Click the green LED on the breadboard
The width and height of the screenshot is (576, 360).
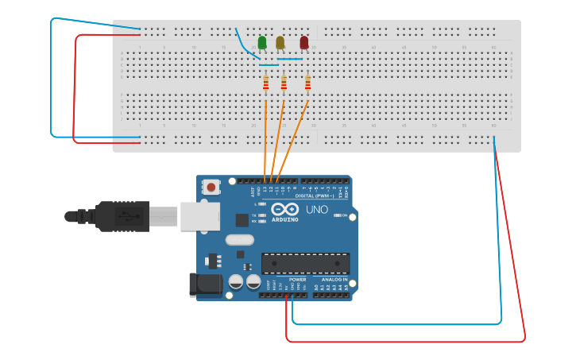262,42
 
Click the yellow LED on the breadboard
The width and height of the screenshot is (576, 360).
280,42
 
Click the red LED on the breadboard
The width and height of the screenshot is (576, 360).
303,42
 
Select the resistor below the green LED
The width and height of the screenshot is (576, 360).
265,83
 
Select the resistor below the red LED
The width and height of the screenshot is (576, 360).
307,83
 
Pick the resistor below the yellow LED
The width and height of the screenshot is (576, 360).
284,83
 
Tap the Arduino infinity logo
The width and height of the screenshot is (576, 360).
284,210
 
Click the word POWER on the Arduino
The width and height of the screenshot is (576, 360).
298,279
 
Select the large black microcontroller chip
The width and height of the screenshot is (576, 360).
306,263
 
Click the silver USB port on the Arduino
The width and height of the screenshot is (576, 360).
199,215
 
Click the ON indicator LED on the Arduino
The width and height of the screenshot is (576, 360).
339,215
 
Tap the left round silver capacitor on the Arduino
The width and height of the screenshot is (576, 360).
236,282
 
